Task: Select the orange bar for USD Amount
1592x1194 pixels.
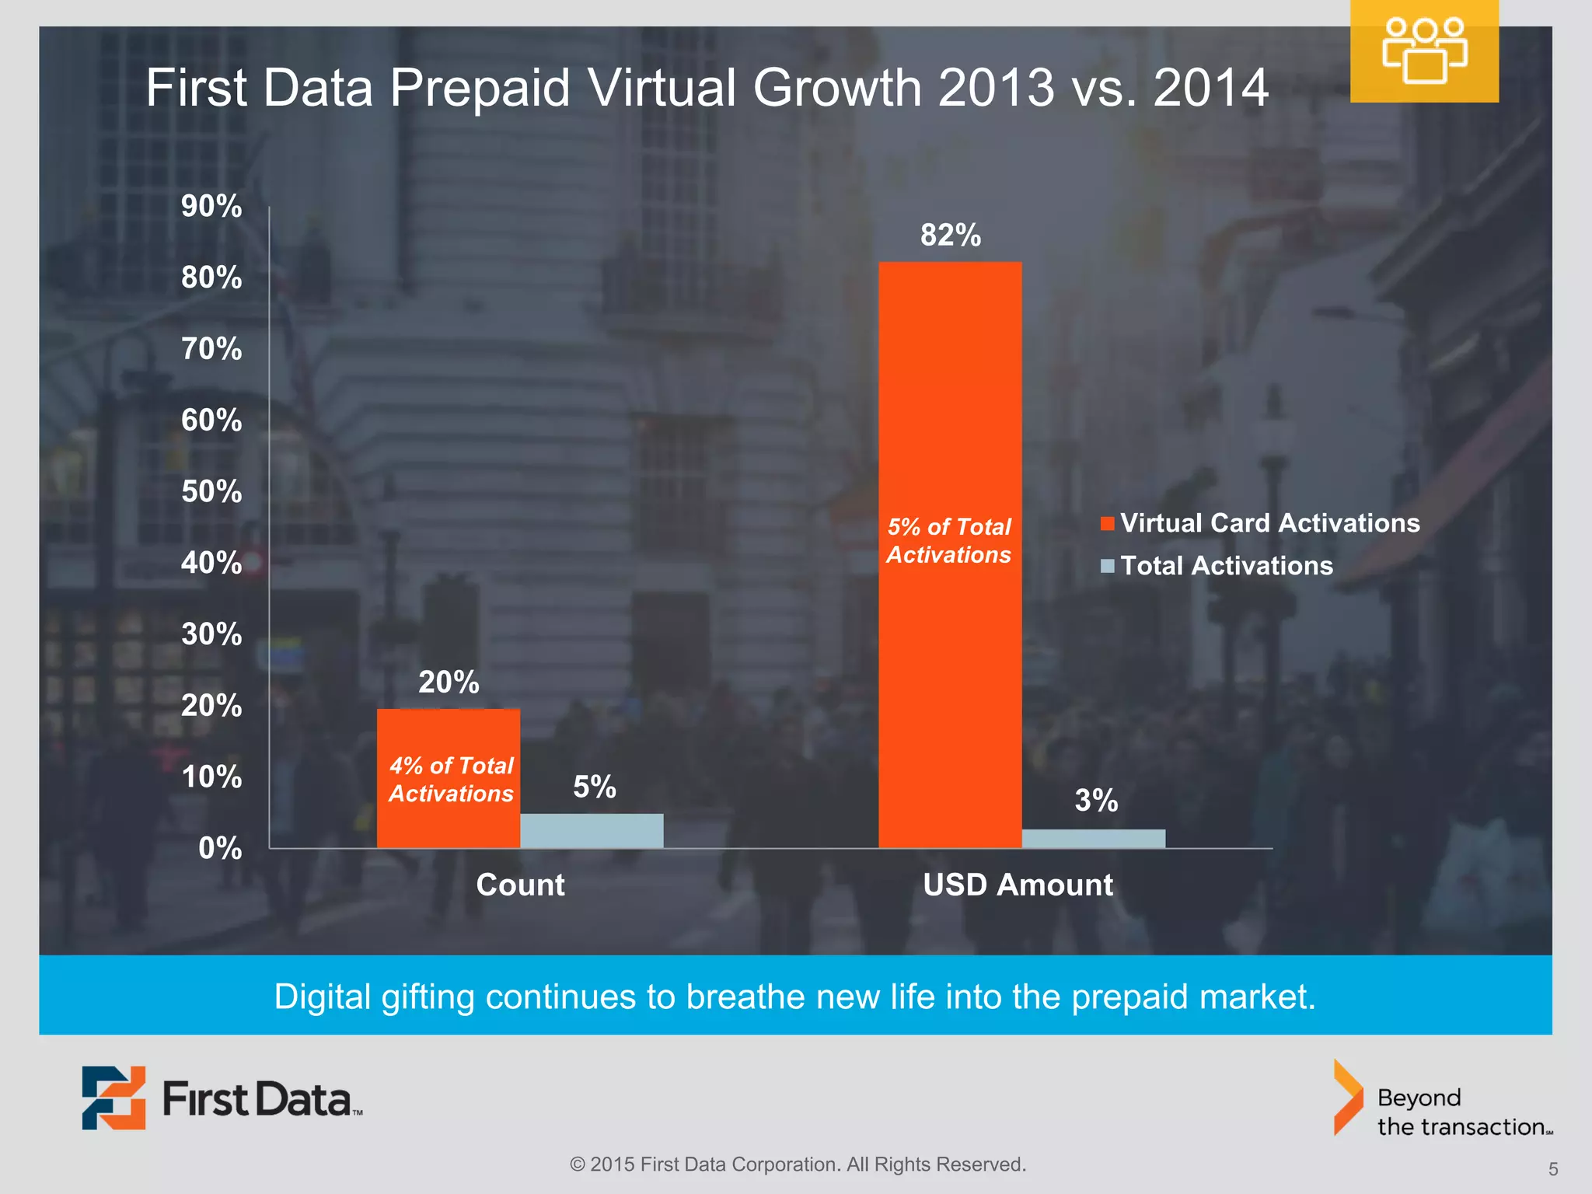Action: (950, 389)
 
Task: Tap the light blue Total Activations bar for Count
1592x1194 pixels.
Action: (592, 830)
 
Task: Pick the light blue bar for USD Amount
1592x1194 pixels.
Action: (1093, 838)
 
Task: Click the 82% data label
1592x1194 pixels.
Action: (950, 235)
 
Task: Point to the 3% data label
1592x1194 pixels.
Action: (1096, 800)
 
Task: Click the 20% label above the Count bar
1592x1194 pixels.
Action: (449, 682)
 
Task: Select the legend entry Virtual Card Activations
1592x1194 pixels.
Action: (1269, 523)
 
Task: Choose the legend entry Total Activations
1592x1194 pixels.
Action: (1226, 565)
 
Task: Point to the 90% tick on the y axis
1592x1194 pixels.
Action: (211, 206)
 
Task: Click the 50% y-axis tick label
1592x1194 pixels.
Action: (211, 491)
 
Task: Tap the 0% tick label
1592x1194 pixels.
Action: (220, 847)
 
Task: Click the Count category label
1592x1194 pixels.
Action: (520, 885)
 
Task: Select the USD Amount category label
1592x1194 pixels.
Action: (1018, 885)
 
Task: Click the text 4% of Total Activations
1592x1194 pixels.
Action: (451, 779)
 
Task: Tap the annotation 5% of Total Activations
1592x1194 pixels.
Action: (949, 540)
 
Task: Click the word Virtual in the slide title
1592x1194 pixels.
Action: (662, 87)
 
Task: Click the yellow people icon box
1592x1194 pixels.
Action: (1424, 51)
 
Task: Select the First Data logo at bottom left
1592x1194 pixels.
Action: (222, 1098)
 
